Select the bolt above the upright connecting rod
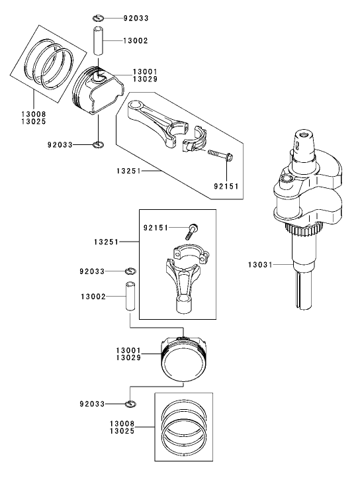pyautogui.click(x=192, y=230)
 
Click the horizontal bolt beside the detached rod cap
pyautogui.click(x=220, y=156)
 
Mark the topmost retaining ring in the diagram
pyautogui.click(x=99, y=17)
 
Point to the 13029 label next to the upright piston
pyautogui.click(x=130, y=358)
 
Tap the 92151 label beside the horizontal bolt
pyautogui.click(x=226, y=186)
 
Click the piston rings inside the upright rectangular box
pyautogui.click(x=185, y=426)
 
